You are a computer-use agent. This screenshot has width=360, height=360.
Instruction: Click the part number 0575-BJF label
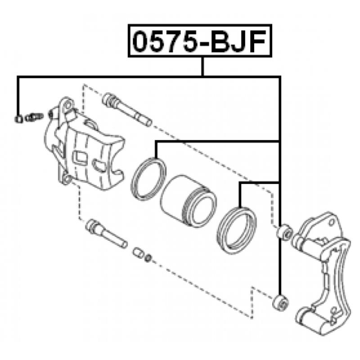coord(199,41)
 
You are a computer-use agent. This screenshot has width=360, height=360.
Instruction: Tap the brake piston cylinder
coord(188,201)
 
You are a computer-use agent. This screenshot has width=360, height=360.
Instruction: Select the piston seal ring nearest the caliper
coord(148,179)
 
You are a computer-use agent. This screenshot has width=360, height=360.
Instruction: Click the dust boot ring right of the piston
coord(237,230)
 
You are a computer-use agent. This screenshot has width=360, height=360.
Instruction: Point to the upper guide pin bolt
coord(127,109)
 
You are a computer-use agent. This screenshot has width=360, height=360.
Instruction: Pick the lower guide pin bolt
coord(106,234)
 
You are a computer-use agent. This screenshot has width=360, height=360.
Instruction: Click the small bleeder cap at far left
coord(18,119)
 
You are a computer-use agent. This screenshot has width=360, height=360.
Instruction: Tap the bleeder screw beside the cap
coord(34,117)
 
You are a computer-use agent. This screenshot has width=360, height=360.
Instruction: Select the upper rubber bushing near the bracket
coord(284,232)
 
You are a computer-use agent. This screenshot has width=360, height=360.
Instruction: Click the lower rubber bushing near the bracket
coord(280,302)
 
